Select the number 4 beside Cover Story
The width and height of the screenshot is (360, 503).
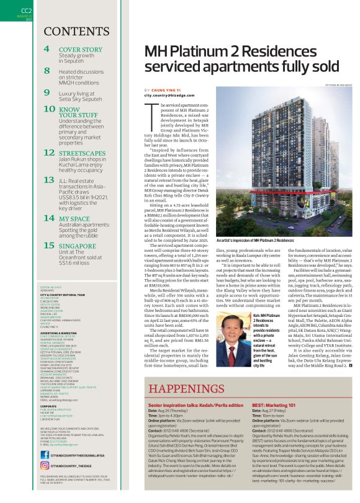point(47,49)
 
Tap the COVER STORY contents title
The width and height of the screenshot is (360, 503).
point(80,49)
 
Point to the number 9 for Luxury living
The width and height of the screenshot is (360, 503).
point(47,92)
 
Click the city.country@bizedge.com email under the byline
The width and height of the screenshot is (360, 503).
point(173,96)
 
